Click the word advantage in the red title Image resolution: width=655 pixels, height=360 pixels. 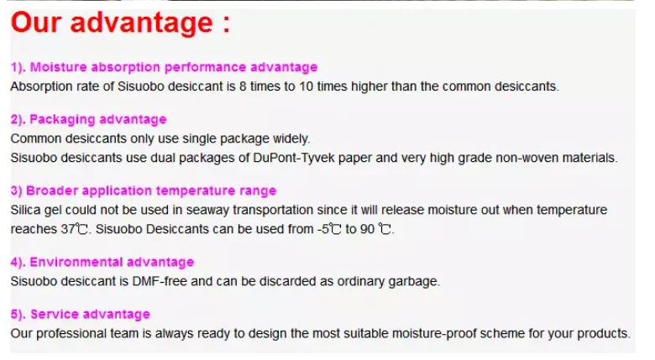pyautogui.click(x=142, y=23)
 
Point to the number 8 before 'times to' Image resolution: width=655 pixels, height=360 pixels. pyautogui.click(x=243, y=86)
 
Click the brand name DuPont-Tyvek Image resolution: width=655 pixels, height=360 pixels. pyautogui.click(x=294, y=159)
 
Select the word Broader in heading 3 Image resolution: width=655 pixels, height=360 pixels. pyautogui.click(x=52, y=190)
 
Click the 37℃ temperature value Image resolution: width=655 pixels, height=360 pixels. pyautogui.click(x=75, y=229)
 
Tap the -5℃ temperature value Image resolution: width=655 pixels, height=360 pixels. pyautogui.click(x=328, y=229)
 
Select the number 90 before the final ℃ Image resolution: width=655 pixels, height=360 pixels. pyautogui.click(x=367, y=229)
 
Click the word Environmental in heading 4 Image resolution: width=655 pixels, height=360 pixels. pyautogui.click(x=76, y=262)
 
